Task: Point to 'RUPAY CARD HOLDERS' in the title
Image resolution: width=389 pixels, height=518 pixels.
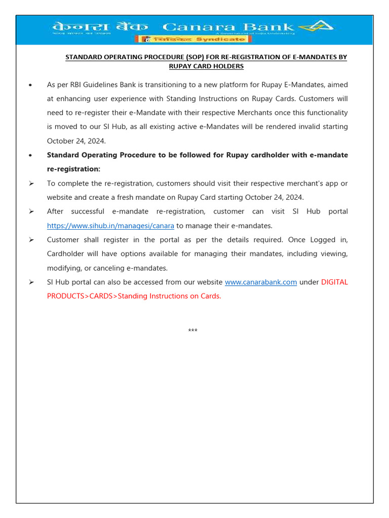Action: (x=206, y=66)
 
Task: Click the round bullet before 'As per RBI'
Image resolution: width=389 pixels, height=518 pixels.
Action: (x=32, y=85)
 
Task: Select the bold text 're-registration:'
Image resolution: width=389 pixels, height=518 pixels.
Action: (x=73, y=169)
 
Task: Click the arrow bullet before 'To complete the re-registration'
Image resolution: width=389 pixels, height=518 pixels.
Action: (x=32, y=183)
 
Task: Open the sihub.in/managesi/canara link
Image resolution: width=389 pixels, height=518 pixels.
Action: (x=110, y=226)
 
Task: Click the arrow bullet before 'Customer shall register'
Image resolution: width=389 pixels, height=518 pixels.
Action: (x=32, y=240)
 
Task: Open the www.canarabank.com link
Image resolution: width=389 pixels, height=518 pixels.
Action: (x=260, y=282)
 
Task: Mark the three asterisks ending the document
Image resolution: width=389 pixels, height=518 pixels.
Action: (x=192, y=331)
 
